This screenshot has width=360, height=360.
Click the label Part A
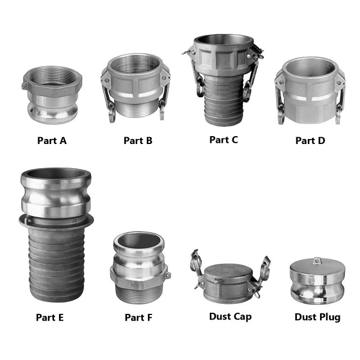(x=52, y=141)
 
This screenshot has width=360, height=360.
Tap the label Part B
(x=138, y=141)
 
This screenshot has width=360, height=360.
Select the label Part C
(x=224, y=139)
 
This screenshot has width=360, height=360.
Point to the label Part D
(x=310, y=141)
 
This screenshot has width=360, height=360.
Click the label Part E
(x=50, y=317)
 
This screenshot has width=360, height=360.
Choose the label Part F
(x=138, y=317)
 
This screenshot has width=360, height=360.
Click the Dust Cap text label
(x=230, y=317)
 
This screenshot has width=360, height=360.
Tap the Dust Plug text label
(x=317, y=317)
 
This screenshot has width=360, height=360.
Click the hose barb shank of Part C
(x=224, y=101)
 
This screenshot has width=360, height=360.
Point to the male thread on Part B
(x=138, y=109)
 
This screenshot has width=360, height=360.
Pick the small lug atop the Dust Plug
(x=317, y=260)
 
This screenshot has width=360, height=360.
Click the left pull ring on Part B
(x=112, y=112)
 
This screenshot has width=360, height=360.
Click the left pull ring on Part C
(x=200, y=87)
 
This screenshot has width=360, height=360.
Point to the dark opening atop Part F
(x=138, y=241)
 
